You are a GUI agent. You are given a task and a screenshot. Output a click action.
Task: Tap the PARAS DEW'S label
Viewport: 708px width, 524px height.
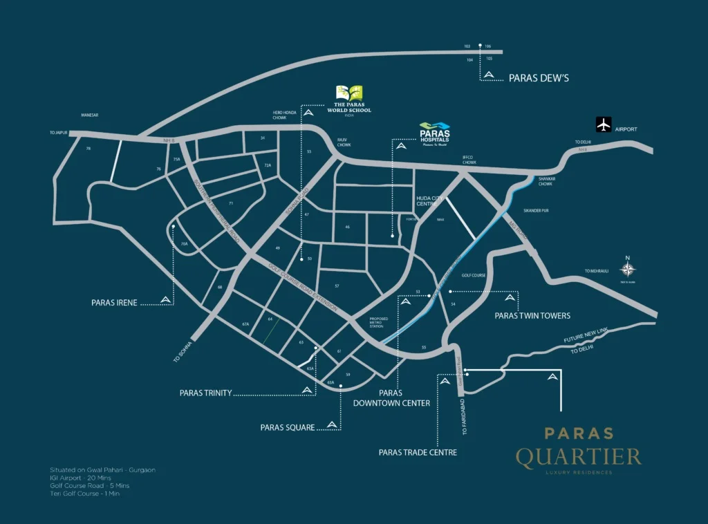(539, 78)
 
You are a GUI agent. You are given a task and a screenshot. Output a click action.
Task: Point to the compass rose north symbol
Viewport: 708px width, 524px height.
(628, 270)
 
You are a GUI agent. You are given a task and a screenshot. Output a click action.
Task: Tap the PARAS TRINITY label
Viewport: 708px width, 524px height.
(205, 393)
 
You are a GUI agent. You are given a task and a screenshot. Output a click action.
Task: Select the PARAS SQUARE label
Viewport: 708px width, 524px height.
(287, 427)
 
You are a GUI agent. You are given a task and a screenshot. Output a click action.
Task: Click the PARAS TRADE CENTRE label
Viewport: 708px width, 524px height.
(418, 452)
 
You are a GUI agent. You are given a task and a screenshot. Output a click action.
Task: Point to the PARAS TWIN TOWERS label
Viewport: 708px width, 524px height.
(532, 315)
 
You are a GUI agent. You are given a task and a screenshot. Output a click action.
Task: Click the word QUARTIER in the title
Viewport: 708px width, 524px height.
(578, 456)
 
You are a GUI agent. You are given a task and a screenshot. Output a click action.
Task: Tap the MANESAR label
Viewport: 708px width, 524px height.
(91, 115)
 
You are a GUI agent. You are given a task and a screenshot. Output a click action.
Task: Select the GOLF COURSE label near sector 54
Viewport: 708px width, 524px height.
(474, 274)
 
